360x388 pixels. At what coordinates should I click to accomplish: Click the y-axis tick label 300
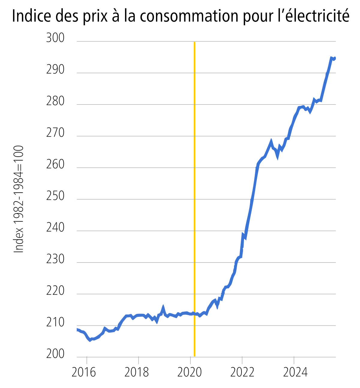pyautogui.click(x=55, y=38)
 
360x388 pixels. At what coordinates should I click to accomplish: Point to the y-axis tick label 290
pyautogui.click(x=55, y=70)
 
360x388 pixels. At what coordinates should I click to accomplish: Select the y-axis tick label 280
pyautogui.click(x=55, y=102)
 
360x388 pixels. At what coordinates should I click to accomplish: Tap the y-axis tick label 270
pyautogui.click(x=55, y=133)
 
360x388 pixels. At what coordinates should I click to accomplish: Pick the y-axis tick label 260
pyautogui.click(x=55, y=165)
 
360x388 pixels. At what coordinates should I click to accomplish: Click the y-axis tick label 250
pyautogui.click(x=55, y=196)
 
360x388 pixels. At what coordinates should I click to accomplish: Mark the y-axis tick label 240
pyautogui.click(x=55, y=228)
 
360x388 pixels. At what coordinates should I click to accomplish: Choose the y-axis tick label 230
pyautogui.click(x=55, y=260)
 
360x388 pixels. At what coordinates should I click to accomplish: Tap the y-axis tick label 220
pyautogui.click(x=55, y=291)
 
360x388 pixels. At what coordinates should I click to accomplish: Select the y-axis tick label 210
pyautogui.click(x=55, y=323)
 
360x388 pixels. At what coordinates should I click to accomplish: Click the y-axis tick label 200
pyautogui.click(x=55, y=354)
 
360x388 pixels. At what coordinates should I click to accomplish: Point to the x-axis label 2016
pyautogui.click(x=84, y=372)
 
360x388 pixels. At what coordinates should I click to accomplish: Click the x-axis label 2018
pyautogui.click(x=136, y=372)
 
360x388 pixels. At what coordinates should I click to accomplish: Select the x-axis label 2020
pyautogui.click(x=190, y=372)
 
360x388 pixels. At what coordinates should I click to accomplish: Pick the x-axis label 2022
pyautogui.click(x=242, y=372)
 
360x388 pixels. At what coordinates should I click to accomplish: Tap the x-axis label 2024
pyautogui.click(x=295, y=372)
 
